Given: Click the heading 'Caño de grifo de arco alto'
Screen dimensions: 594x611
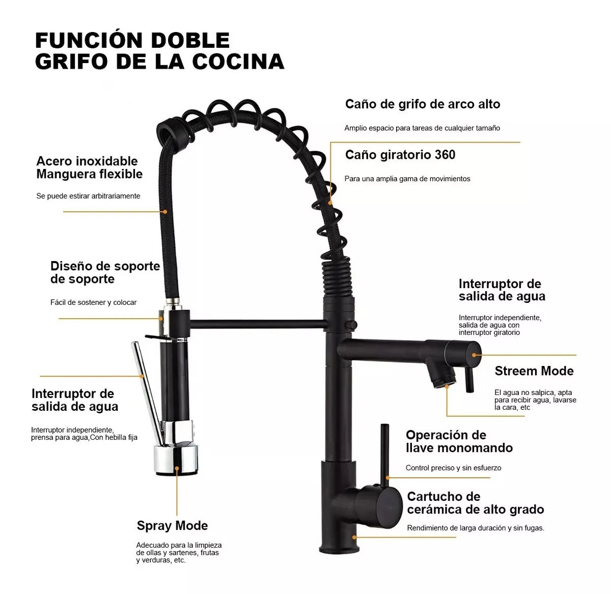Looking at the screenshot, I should pyautogui.click(x=423, y=104).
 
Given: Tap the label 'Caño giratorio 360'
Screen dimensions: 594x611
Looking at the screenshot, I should pyautogui.click(x=400, y=155).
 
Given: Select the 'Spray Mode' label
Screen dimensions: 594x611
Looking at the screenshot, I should pyautogui.click(x=172, y=525).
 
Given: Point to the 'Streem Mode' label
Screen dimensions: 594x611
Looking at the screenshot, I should pyautogui.click(x=534, y=371).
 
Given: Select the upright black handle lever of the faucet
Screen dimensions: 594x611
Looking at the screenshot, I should pyautogui.click(x=385, y=453).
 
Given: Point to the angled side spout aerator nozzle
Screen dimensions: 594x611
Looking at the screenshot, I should pyautogui.click(x=441, y=377).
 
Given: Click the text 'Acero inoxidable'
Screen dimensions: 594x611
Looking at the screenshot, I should pyautogui.click(x=87, y=161).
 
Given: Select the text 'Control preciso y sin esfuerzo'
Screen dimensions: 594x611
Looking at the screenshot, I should pyautogui.click(x=453, y=468).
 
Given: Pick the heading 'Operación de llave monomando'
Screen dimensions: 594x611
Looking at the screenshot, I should pyautogui.click(x=459, y=441).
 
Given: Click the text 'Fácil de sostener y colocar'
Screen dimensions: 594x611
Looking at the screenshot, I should pyautogui.click(x=93, y=302).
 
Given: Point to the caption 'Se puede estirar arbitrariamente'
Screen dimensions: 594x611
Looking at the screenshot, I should pyautogui.click(x=88, y=196).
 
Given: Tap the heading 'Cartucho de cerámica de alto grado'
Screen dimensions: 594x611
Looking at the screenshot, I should pyautogui.click(x=475, y=503).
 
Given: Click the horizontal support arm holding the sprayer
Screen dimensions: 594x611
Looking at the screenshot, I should pyautogui.click(x=257, y=324).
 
